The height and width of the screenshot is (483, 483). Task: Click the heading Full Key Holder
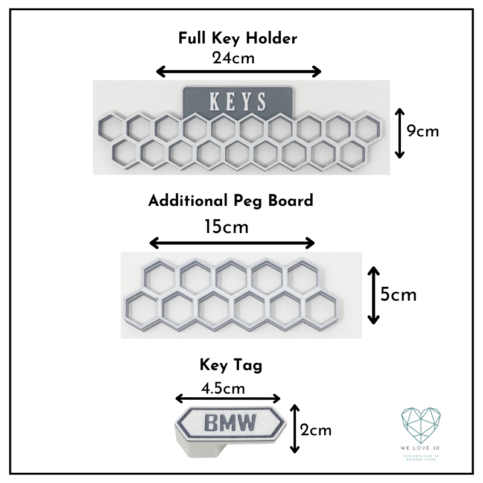(237, 39)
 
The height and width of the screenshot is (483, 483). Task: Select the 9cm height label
(423, 131)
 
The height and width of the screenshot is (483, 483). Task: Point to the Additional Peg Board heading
(231, 200)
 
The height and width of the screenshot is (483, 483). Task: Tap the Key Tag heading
(231, 365)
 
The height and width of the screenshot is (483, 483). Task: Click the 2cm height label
(316, 430)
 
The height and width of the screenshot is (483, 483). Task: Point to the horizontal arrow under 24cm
(239, 72)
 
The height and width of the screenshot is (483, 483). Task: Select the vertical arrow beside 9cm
(399, 133)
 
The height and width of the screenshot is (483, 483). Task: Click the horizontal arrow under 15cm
(232, 243)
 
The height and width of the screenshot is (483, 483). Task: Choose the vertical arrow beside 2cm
(295, 429)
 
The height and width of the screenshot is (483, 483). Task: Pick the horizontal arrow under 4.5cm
(228, 398)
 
